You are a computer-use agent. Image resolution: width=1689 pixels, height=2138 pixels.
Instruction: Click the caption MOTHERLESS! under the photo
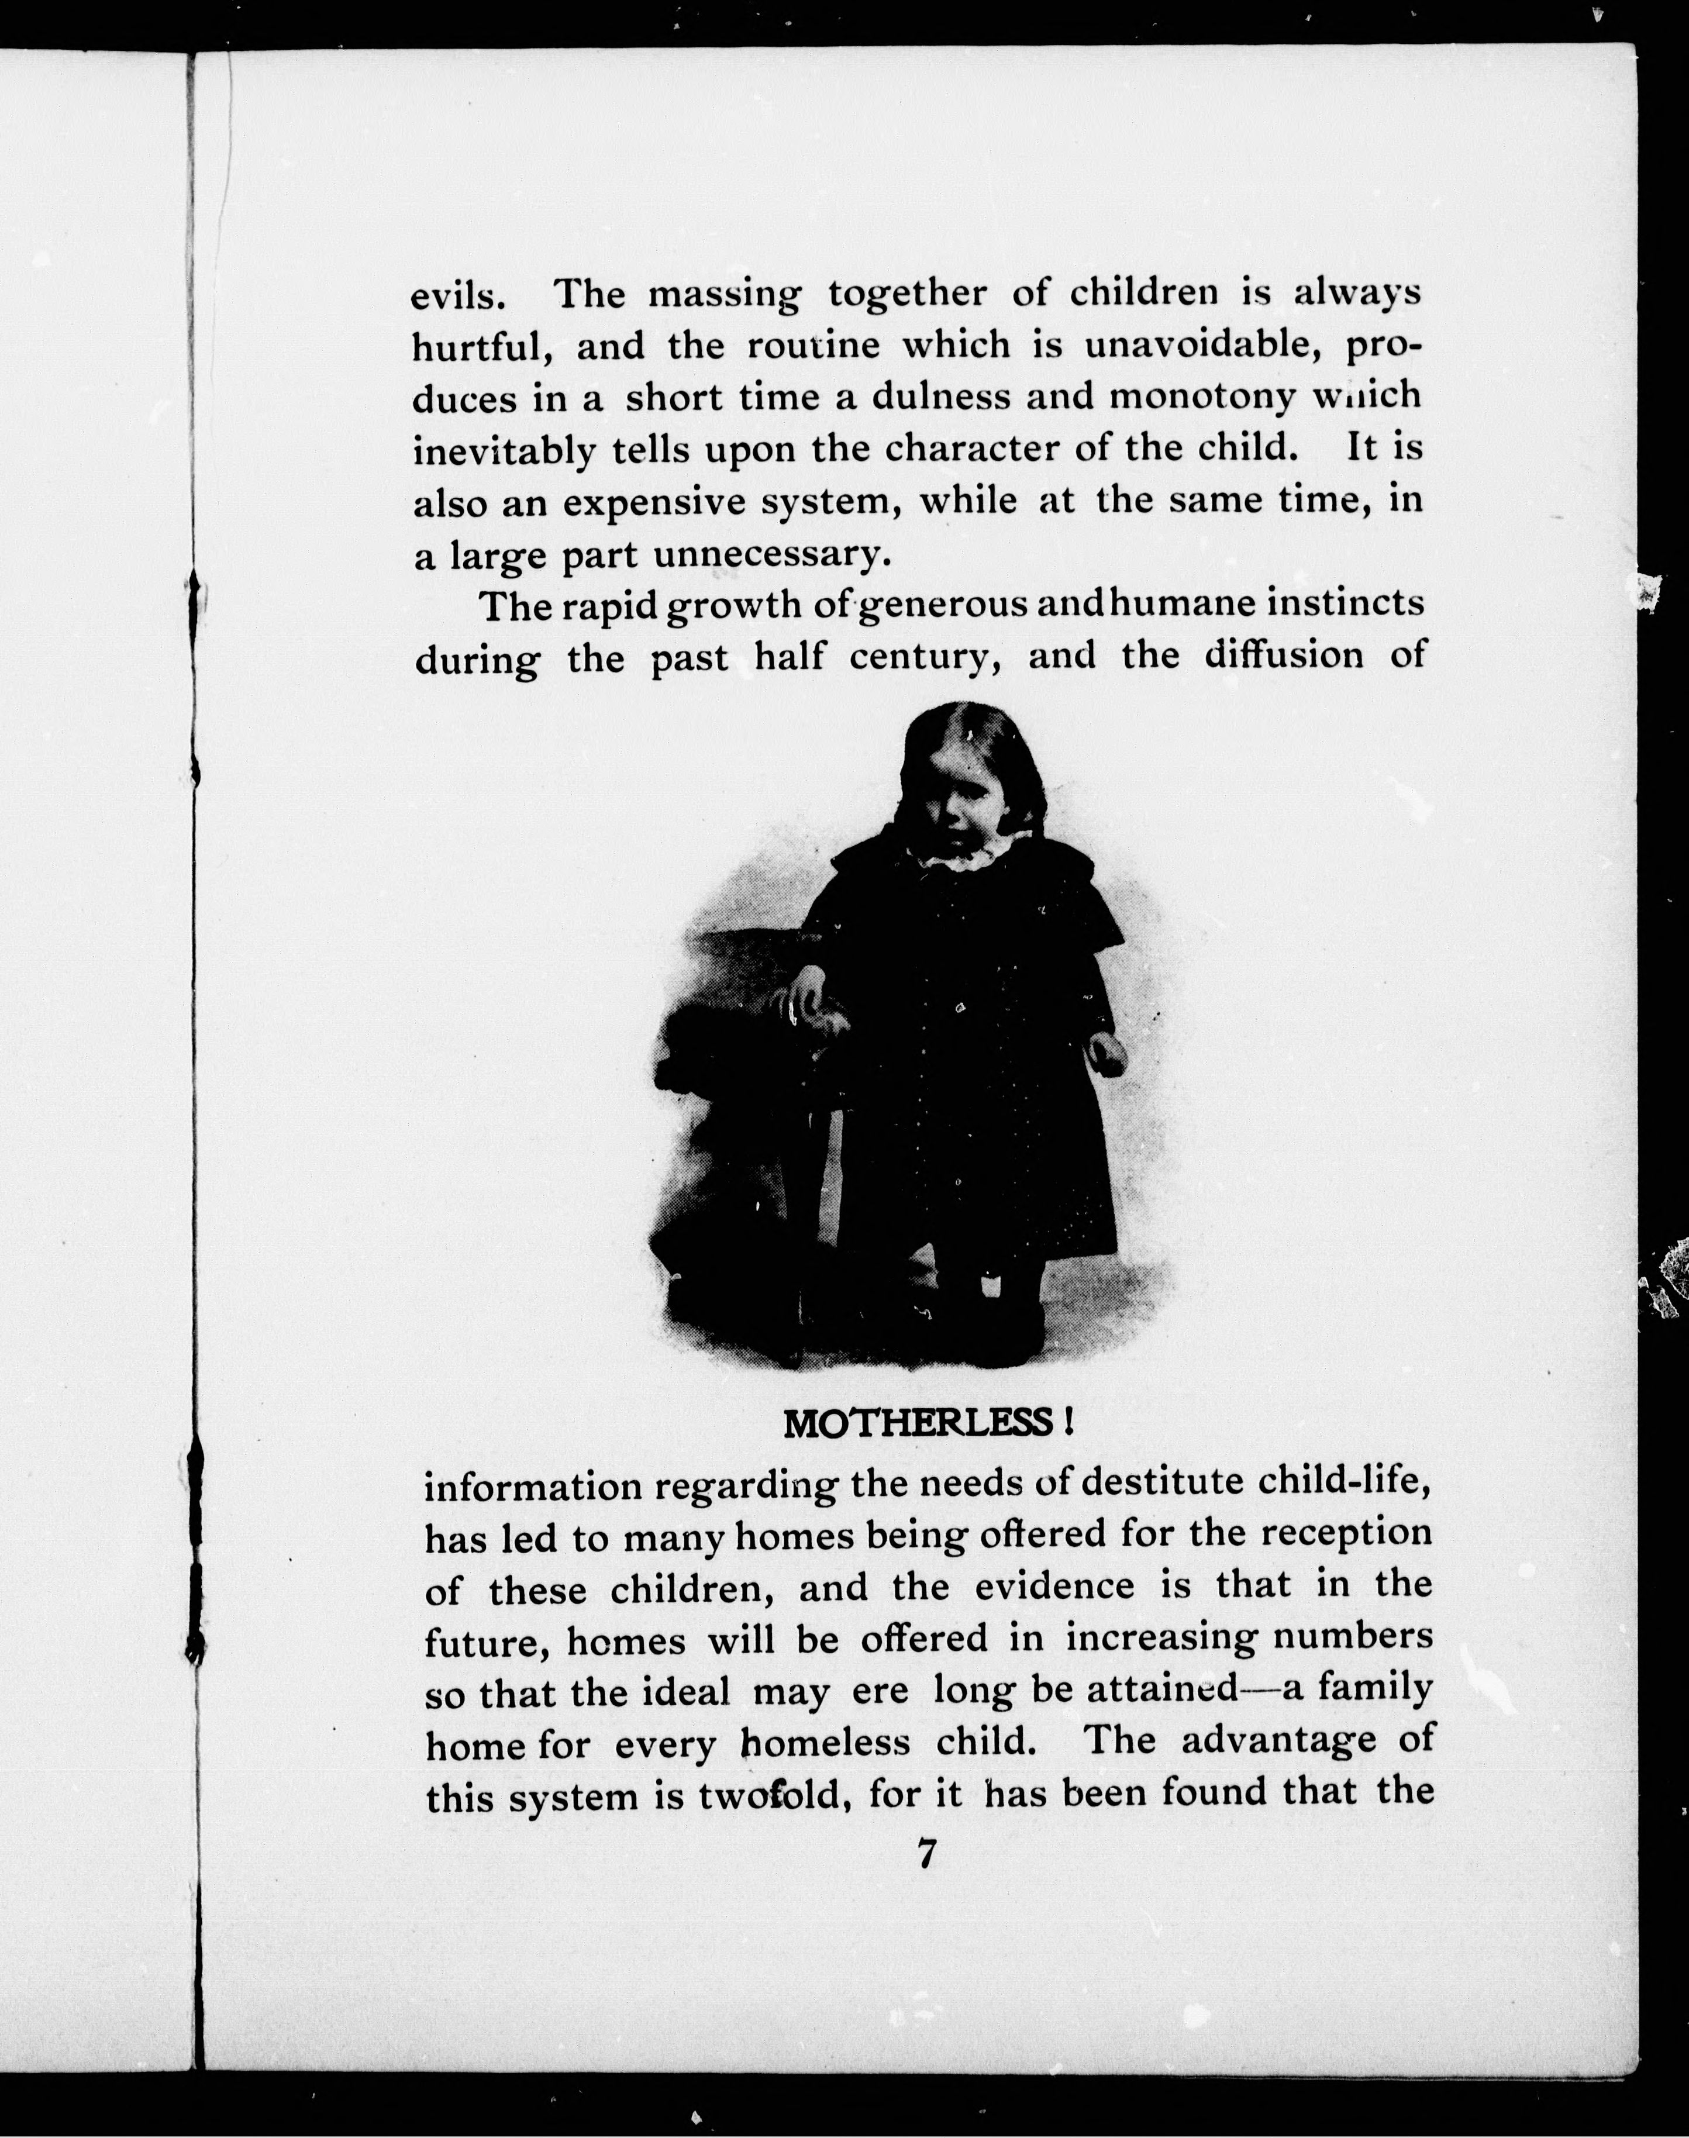click(x=928, y=1424)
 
